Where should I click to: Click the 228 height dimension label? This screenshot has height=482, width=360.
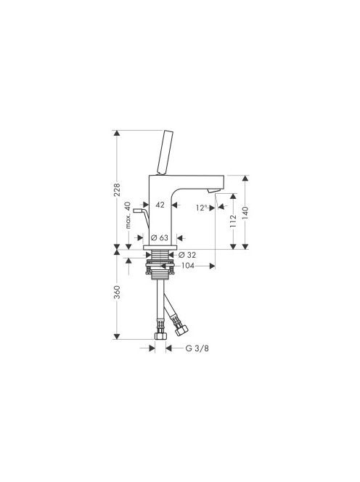coord(117,189)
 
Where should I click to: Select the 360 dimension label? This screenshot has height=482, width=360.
coord(117,293)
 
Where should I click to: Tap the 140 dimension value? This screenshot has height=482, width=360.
coord(245,213)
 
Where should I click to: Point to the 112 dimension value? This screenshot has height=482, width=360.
coord(233,221)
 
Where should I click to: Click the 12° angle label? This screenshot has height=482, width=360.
coord(202,208)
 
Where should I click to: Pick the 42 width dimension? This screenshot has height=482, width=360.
coord(160,205)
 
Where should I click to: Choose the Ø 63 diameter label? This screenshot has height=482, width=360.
coord(160,237)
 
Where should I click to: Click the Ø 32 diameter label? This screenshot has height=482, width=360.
coord(187,255)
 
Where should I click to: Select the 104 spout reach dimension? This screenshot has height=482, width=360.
coord(188,266)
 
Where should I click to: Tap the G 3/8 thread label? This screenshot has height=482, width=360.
coord(197,348)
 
